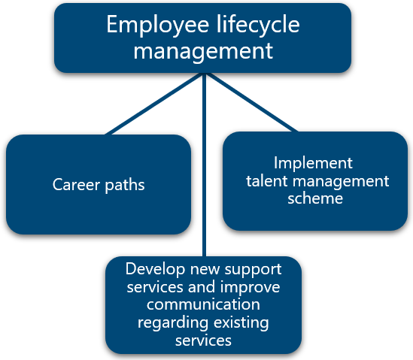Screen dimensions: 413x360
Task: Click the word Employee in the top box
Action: tap(158, 26)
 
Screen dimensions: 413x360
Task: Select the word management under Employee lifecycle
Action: tap(203, 52)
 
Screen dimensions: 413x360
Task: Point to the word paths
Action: tap(125, 185)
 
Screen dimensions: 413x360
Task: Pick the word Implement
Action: tap(313, 164)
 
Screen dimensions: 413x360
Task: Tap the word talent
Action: tap(267, 181)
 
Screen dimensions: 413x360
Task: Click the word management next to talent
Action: tap(341, 182)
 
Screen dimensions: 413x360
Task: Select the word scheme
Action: tap(315, 198)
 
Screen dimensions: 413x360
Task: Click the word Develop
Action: tap(155, 270)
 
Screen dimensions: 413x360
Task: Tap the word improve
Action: tap(250, 287)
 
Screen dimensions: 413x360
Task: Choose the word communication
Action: tap(203, 304)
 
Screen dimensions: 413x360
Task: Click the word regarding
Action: tap(173, 323)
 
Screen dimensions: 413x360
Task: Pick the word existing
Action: tap(241, 323)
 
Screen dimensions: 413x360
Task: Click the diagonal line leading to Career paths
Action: tap(154, 104)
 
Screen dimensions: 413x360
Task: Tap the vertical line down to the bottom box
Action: tap(204, 165)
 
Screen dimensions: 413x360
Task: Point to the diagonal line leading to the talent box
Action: tap(251, 102)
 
